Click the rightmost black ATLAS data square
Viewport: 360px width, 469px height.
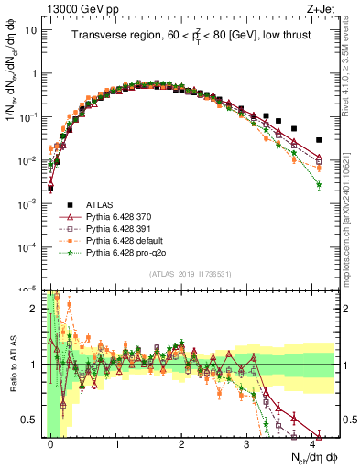pos(319,140)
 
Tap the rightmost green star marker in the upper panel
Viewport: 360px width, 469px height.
pos(319,185)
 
